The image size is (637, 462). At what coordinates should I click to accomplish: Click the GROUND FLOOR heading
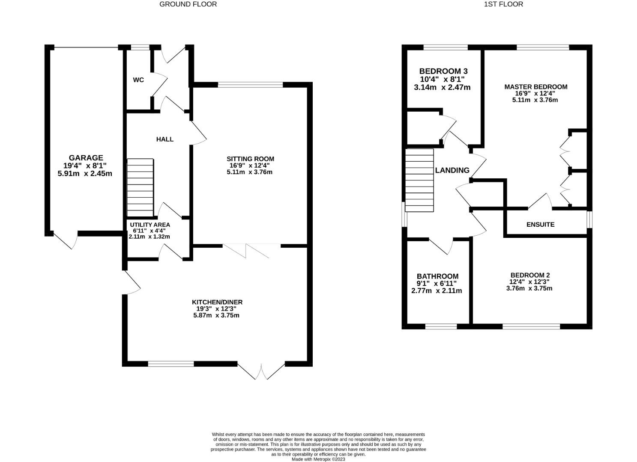(188, 4)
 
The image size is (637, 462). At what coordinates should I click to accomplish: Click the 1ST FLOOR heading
(503, 4)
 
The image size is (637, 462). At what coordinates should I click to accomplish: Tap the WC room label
(138, 80)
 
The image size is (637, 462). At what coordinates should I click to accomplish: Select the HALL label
(165, 139)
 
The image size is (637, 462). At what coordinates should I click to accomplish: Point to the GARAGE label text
(86, 158)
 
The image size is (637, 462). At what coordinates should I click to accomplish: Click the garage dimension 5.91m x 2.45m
(85, 174)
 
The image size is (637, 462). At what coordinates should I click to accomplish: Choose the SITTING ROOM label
(251, 159)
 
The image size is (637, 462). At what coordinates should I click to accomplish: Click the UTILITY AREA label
(150, 225)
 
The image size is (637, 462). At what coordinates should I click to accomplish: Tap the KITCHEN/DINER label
(217, 302)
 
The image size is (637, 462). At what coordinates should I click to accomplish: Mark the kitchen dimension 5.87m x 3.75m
(216, 315)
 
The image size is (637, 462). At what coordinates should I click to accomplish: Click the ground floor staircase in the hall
(141, 188)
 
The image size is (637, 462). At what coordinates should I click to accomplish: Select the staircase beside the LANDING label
(419, 180)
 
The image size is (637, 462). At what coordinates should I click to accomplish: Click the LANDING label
(452, 170)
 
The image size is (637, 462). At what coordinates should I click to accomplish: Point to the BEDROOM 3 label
(443, 71)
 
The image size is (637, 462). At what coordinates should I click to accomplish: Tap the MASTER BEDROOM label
(535, 87)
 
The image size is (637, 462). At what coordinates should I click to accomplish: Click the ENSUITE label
(540, 225)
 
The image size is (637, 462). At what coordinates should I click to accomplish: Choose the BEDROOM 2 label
(530, 275)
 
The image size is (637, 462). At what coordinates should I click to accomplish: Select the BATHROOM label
(437, 276)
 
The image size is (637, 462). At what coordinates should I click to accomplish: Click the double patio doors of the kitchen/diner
(261, 370)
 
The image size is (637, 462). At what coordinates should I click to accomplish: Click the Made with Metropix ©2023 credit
(318, 459)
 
